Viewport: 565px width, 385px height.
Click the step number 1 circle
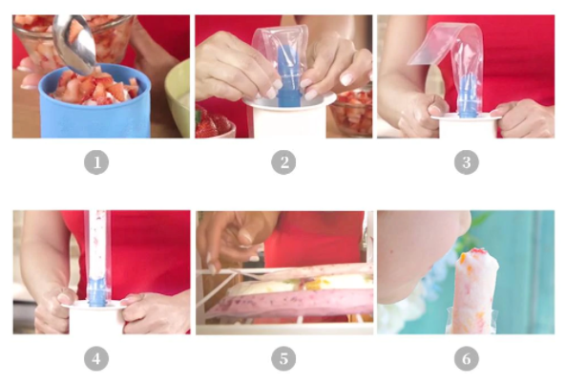[96, 162]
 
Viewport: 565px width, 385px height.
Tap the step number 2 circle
[283, 162]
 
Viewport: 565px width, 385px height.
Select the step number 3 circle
[467, 162]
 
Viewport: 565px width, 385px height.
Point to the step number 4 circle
[96, 358]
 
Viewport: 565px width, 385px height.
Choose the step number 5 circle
[283, 358]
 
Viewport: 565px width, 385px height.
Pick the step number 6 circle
[467, 358]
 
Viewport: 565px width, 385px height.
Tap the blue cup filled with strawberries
[94, 101]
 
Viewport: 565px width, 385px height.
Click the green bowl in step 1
[178, 97]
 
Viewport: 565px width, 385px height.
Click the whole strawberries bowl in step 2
[214, 122]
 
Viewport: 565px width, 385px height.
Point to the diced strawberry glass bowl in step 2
[351, 113]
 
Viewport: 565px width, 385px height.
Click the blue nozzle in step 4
[97, 291]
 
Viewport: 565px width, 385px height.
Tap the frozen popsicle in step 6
[473, 290]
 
